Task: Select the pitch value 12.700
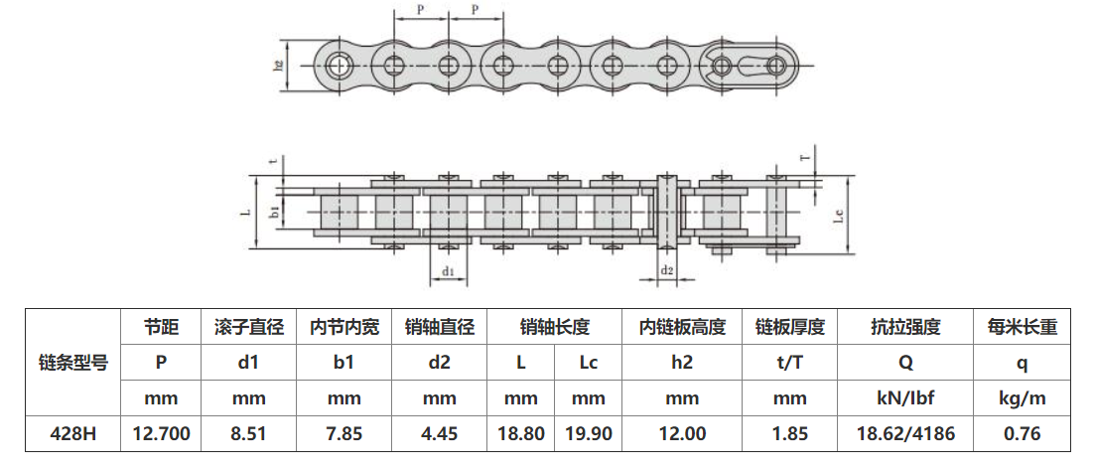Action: pyautogui.click(x=161, y=434)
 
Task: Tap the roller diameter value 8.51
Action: pyautogui.click(x=248, y=434)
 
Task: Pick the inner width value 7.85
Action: pyautogui.click(x=343, y=434)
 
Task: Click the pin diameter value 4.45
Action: pyautogui.click(x=440, y=434)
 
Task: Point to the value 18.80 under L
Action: pyautogui.click(x=521, y=434)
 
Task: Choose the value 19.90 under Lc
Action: pyautogui.click(x=589, y=434)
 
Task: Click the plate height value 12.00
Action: pyautogui.click(x=682, y=434)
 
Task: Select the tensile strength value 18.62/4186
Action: pyautogui.click(x=905, y=434)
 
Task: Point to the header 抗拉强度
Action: pyautogui.click(x=905, y=327)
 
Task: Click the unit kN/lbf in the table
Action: pyautogui.click(x=905, y=399)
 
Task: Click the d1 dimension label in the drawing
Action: pyautogui.click(x=448, y=270)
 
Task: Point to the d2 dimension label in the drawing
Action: pyautogui.click(x=667, y=270)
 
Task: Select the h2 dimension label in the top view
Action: pyautogui.click(x=279, y=66)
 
